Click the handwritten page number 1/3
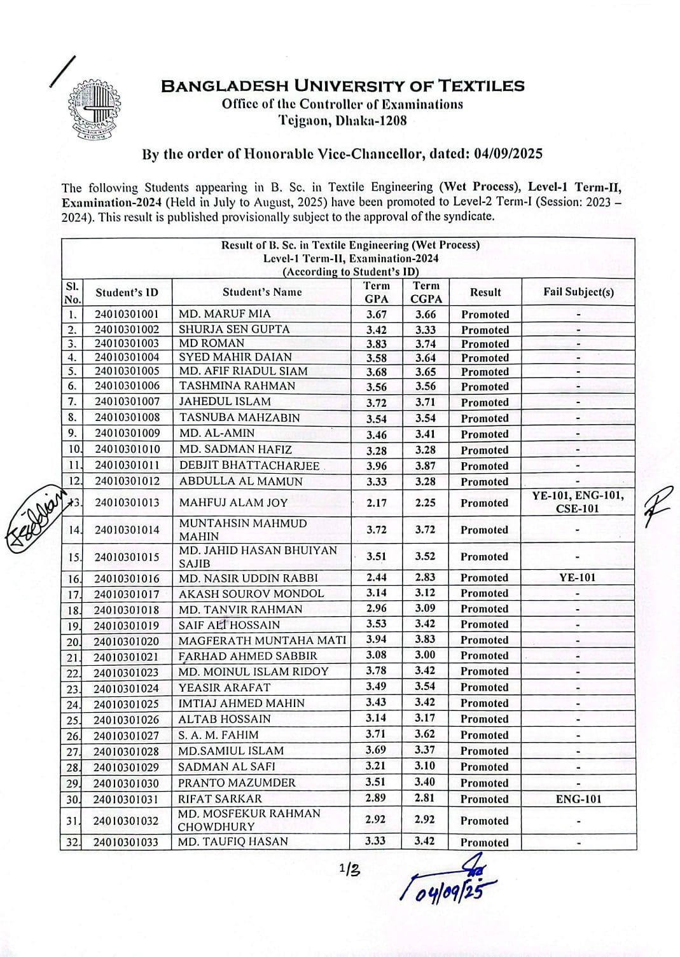click(x=349, y=869)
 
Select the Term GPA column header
click(x=377, y=292)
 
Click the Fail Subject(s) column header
click(x=578, y=292)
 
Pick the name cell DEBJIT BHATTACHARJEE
click(x=249, y=465)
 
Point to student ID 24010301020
click(x=126, y=641)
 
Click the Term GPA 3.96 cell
click(x=377, y=466)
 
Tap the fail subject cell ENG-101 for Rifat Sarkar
click(x=578, y=799)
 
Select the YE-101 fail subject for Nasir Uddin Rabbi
click(x=578, y=578)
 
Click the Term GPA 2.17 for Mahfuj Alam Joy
click(x=377, y=503)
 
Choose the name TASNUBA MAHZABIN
click(x=240, y=418)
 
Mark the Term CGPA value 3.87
click(x=426, y=466)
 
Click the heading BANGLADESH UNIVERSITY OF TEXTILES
click(x=343, y=86)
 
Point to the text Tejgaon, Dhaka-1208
click(x=342, y=120)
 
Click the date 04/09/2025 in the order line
click(x=506, y=154)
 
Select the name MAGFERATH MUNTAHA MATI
click(x=262, y=640)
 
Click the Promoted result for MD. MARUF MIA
click(x=485, y=314)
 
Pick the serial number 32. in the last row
click(x=72, y=843)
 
